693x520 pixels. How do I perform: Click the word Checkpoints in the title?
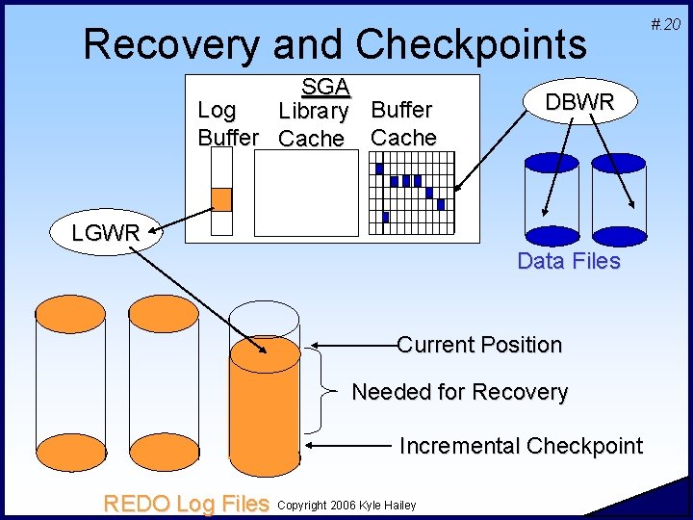[472, 44]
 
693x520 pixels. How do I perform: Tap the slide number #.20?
[665, 23]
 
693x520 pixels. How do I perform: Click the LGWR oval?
[106, 232]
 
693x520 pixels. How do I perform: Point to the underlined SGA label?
[325, 87]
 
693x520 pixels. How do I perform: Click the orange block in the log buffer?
[221, 199]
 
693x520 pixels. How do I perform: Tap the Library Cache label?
[312, 125]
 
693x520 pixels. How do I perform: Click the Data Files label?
[569, 261]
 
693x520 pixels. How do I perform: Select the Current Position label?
[479, 345]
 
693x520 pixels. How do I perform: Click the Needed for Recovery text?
[460, 392]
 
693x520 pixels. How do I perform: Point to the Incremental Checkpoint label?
[521, 446]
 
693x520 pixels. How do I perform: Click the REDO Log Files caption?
[186, 503]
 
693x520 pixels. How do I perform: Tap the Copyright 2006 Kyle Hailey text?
[346, 505]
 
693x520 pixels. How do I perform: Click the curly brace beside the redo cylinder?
[327, 393]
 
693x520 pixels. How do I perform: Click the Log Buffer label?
[227, 124]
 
